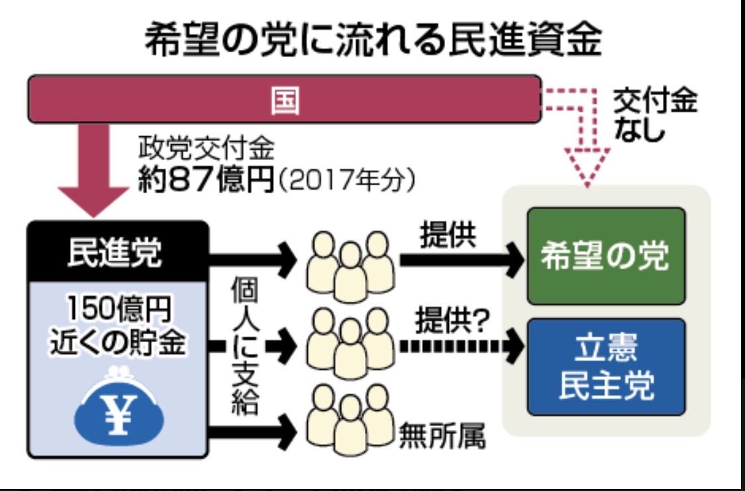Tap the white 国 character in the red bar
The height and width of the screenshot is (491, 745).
285,100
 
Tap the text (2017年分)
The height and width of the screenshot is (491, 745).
346,181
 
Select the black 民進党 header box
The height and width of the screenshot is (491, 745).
118,251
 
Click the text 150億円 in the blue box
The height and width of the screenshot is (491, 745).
118,310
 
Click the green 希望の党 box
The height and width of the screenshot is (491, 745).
606,256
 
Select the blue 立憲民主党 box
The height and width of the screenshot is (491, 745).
606,367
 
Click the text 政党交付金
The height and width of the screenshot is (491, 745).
206,149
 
